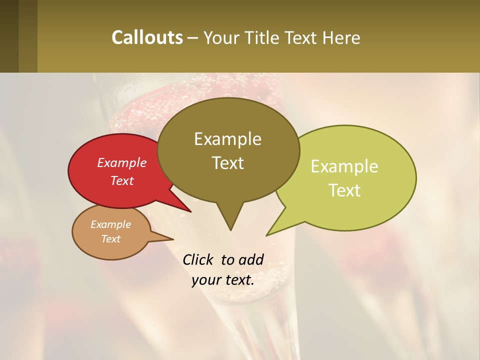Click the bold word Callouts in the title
147,37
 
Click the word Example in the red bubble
121,162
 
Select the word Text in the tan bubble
111,239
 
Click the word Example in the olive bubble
227,139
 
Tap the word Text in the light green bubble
345,190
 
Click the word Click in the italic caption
198,259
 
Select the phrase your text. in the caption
223,280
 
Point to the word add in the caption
251,259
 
